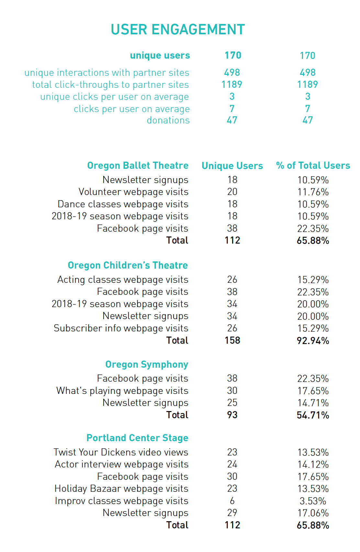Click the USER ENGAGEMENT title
click(x=178, y=29)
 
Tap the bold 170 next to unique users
click(x=233, y=55)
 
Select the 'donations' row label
click(x=168, y=120)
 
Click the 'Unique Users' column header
click(x=232, y=166)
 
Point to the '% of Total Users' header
click(x=313, y=166)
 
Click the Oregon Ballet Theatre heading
click(x=138, y=166)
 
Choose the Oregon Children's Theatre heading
click(x=128, y=265)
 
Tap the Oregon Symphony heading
click(x=146, y=364)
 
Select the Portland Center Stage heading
click(x=137, y=438)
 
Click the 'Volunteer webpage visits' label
click(x=133, y=192)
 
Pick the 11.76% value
click(x=313, y=192)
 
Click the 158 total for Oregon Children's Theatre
click(x=232, y=340)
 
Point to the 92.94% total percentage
click(x=313, y=341)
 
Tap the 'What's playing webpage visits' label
click(x=122, y=391)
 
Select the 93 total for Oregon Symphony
click(x=232, y=415)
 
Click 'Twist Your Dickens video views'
click(x=121, y=452)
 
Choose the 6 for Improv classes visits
click(x=232, y=501)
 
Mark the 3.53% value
click(x=313, y=501)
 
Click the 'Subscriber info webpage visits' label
click(x=121, y=328)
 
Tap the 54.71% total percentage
click(x=313, y=415)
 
